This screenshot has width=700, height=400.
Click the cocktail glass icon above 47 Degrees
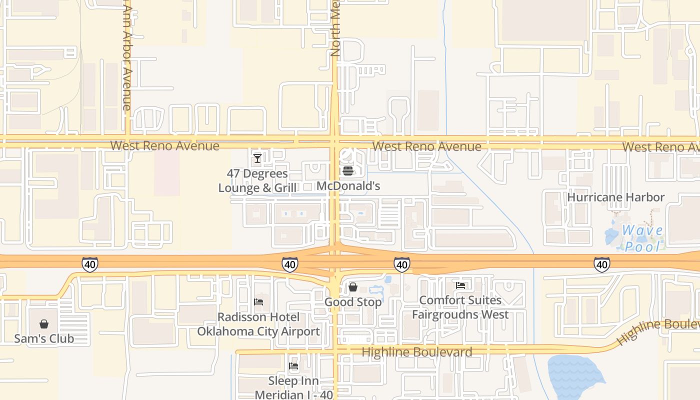click(257, 158)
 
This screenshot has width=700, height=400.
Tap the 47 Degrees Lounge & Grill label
click(257, 180)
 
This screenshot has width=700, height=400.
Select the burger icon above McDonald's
click(348, 171)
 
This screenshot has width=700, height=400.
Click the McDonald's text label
click(348, 186)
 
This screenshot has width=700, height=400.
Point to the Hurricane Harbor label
click(615, 197)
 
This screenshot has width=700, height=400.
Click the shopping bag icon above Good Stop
click(353, 287)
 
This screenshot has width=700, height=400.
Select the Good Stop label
click(353, 302)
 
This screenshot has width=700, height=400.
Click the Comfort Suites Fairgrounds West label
click(460, 307)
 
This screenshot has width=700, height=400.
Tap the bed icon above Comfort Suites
click(460, 285)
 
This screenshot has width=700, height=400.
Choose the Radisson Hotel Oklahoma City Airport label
click(258, 324)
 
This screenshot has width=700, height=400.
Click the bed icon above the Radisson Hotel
click(258, 302)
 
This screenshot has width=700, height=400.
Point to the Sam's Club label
click(44, 338)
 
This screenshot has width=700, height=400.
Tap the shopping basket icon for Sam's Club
click(44, 324)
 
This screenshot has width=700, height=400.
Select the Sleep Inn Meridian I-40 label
click(293, 387)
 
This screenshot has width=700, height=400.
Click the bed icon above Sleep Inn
click(293, 366)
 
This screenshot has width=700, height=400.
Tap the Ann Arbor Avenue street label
click(126, 55)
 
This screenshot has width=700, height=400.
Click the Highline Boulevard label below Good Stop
click(416, 352)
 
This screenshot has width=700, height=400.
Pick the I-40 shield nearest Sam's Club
click(90, 264)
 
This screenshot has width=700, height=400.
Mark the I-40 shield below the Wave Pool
click(601, 264)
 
